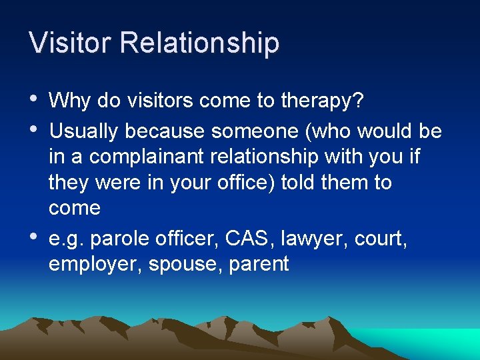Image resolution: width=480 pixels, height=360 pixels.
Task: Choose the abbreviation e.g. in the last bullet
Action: tap(65, 238)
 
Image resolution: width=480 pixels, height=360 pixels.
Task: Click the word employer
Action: tap(95, 264)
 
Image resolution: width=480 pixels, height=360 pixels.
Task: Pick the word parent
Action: tap(259, 265)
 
